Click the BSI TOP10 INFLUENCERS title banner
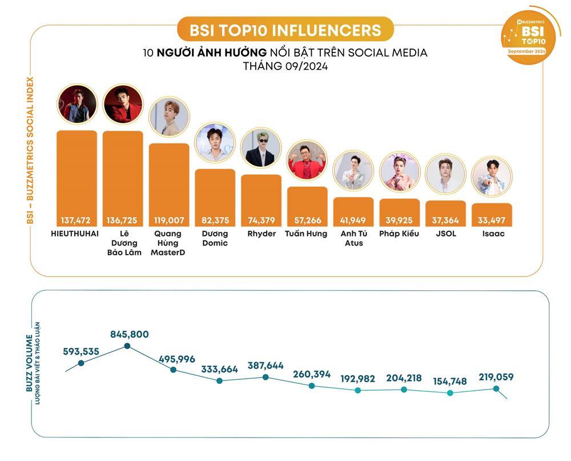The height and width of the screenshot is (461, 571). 285,29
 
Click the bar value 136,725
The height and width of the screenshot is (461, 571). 123,220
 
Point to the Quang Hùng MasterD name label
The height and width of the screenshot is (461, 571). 168,243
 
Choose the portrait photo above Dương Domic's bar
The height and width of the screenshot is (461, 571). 215,143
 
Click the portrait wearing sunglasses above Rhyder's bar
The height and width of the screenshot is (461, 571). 261,148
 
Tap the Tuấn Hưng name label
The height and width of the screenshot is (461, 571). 306,234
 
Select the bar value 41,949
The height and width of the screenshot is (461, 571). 353,220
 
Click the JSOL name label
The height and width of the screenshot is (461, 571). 445,234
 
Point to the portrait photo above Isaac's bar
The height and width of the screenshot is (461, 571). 492,177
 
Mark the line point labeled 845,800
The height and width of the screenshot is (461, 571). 127,346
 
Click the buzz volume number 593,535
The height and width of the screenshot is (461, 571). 81,351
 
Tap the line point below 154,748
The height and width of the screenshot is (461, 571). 450,393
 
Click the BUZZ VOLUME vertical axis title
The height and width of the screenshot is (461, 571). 30,363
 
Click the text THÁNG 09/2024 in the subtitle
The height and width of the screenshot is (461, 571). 285,66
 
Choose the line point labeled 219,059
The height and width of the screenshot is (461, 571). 496,388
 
